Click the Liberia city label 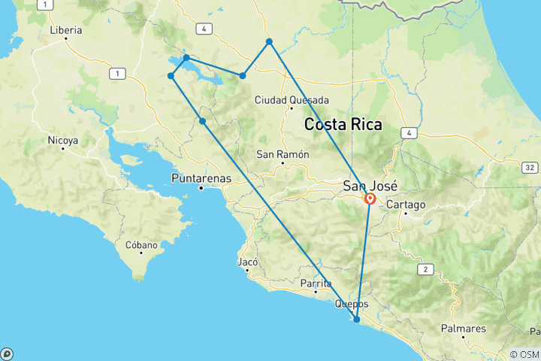(x=65, y=31)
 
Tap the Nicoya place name (x=63, y=140)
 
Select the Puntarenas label (x=201, y=178)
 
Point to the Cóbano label (x=142, y=245)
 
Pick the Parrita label (x=316, y=284)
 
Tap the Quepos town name (x=352, y=304)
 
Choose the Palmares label (x=464, y=329)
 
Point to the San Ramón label (x=282, y=154)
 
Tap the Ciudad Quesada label (x=292, y=100)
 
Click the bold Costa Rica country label (x=343, y=125)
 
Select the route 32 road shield (x=530, y=167)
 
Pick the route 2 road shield (x=425, y=268)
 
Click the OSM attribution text (x=524, y=353)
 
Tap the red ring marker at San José (x=370, y=199)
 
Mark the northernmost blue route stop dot (x=269, y=41)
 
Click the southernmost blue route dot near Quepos (x=357, y=320)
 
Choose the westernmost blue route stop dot (x=171, y=76)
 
